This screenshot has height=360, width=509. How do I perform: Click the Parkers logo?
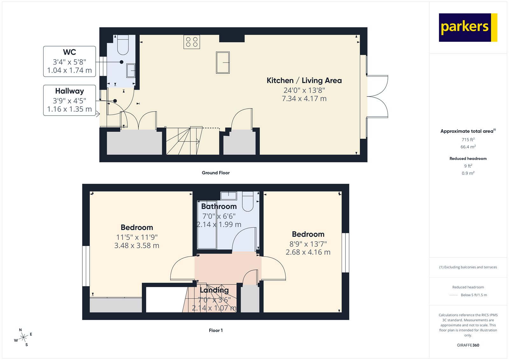[x=468, y=27]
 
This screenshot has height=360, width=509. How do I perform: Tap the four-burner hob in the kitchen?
[x=192, y=42]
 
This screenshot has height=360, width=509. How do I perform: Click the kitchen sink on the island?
[x=223, y=62]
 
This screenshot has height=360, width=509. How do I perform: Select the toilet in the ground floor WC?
[x=123, y=45]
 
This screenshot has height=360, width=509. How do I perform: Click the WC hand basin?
[x=131, y=71]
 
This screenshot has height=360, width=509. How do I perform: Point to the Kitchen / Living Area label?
[x=304, y=81]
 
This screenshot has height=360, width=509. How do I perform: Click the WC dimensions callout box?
[x=69, y=61]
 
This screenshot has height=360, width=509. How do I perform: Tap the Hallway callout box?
[x=69, y=100]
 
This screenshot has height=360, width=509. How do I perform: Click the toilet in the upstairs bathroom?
[x=248, y=201]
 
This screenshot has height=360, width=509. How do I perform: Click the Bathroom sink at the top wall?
[x=228, y=195]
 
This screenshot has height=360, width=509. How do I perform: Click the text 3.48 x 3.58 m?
[x=137, y=246]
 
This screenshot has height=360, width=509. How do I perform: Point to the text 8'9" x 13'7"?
[x=308, y=244]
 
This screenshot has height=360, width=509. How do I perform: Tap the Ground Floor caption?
[x=216, y=173]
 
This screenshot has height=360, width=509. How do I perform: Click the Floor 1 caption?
[x=216, y=330]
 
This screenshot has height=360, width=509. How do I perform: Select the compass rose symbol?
[x=23, y=337]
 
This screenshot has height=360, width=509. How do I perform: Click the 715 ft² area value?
[x=468, y=139]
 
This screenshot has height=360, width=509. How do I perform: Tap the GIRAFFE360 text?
[x=468, y=345]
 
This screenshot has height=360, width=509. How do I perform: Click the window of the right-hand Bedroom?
[x=345, y=253]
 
